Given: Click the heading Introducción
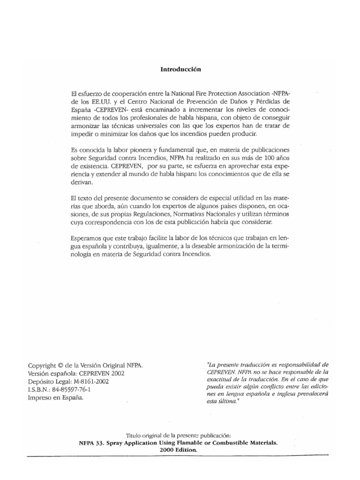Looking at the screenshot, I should point(180,69).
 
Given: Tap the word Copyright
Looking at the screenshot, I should point(44,365).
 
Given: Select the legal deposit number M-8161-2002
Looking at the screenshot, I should point(93,381).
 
